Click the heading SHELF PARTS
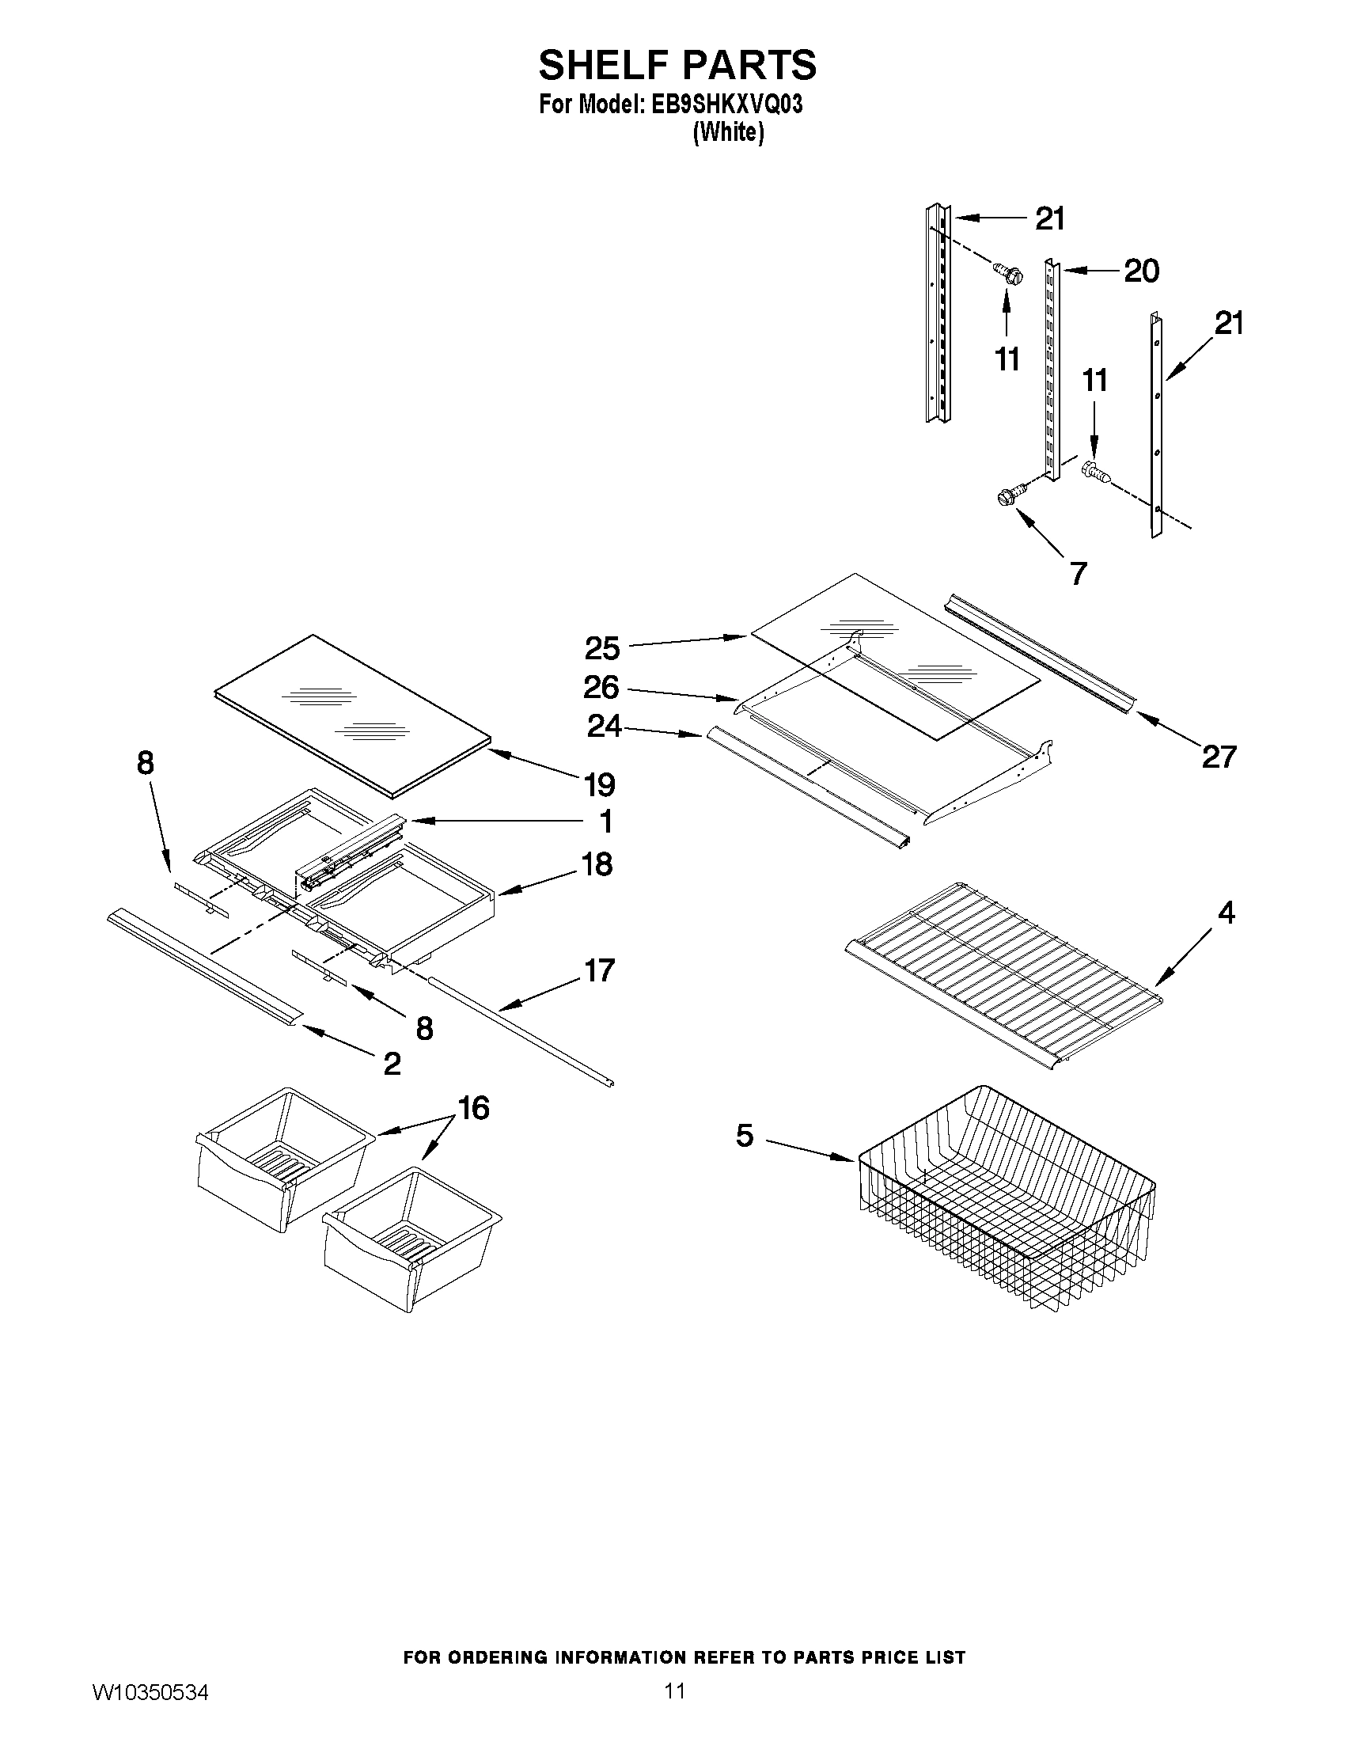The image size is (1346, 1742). click(677, 66)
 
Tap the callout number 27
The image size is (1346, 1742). click(1219, 756)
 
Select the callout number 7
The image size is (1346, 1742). click(1078, 573)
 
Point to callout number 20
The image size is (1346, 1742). click(1141, 271)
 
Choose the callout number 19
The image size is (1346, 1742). click(600, 785)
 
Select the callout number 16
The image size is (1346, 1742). click(474, 1107)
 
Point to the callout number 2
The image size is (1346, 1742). click(392, 1063)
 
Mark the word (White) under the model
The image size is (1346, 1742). click(728, 131)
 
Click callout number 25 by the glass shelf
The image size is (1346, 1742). click(602, 648)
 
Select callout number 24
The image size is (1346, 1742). click(605, 726)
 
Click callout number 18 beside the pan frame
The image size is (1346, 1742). click(597, 863)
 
